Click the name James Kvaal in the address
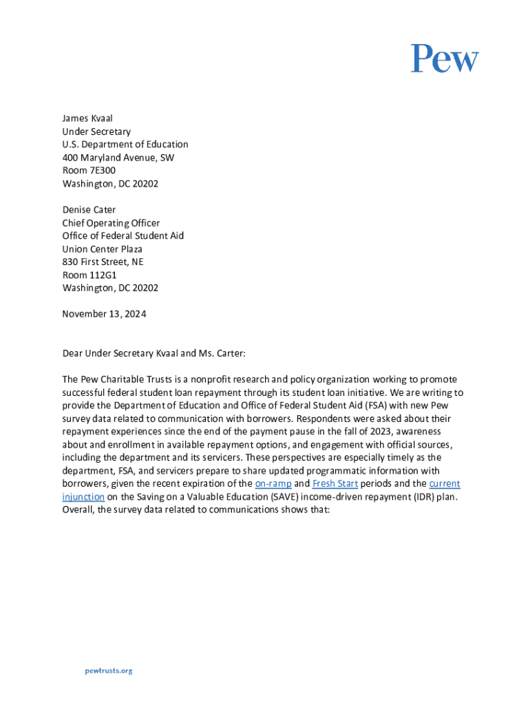point(87,118)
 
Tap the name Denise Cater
point(89,210)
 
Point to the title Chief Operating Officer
point(111,223)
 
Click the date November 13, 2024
point(104,314)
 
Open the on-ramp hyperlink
point(273,483)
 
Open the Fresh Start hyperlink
point(335,483)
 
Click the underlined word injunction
point(83,496)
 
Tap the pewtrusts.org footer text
point(108,671)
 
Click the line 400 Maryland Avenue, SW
point(118,158)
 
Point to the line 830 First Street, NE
point(103,262)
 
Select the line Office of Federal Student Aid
point(123,236)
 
